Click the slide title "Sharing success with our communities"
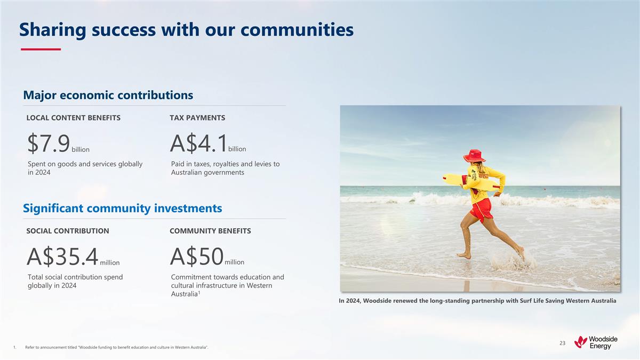click(186, 30)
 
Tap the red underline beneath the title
click(41, 50)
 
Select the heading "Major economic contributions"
click(108, 95)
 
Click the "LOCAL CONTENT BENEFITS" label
click(74, 117)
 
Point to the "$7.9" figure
click(49, 143)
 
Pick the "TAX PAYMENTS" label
click(197, 117)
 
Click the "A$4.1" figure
click(198, 143)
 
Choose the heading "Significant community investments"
click(122, 208)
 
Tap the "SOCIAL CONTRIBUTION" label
click(68, 231)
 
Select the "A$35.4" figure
click(62, 257)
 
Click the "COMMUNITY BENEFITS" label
click(210, 231)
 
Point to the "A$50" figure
click(196, 257)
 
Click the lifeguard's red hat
click(474, 156)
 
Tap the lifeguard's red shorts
click(481, 209)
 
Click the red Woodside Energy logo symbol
click(580, 341)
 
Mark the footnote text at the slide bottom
click(116, 348)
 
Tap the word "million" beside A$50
click(235, 262)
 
